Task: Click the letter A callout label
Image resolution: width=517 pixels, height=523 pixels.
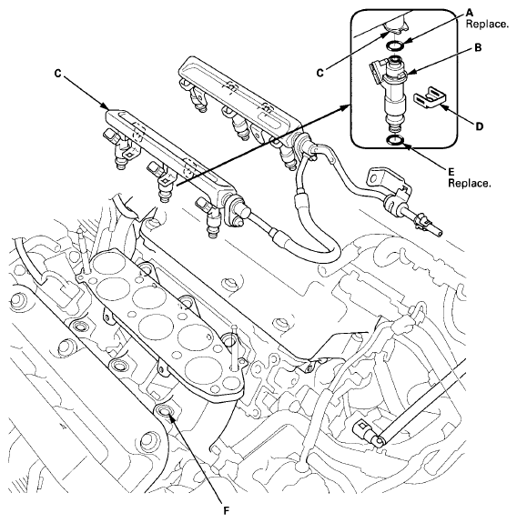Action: (x=470, y=13)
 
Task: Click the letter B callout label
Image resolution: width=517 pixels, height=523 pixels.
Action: (x=478, y=48)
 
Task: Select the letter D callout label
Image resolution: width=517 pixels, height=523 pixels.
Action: (x=480, y=126)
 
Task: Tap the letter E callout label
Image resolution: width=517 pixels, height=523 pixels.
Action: (x=451, y=172)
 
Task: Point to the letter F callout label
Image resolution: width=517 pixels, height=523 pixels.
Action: (x=227, y=510)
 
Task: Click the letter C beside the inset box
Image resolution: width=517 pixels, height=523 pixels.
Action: (x=319, y=73)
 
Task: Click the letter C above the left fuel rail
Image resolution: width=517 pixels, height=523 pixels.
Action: (x=57, y=74)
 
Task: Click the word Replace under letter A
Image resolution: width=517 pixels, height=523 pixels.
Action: (x=487, y=25)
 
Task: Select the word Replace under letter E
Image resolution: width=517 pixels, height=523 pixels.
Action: (x=469, y=184)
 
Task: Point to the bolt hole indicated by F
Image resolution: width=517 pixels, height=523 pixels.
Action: (x=165, y=412)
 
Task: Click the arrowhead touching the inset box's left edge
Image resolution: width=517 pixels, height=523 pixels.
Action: (x=347, y=106)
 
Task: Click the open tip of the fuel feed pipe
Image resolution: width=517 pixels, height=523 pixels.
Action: (x=441, y=233)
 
